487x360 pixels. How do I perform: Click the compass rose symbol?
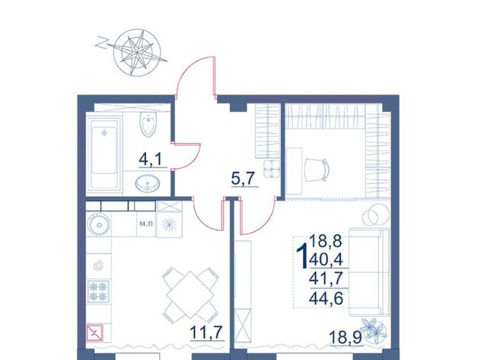coord(137,53)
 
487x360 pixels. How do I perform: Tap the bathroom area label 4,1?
coord(151,159)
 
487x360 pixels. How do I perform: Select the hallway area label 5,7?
coord(243,179)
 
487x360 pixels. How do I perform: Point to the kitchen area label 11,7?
coord(206,333)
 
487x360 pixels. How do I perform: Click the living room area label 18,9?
coord(345,337)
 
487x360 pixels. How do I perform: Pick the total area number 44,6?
coord(326,298)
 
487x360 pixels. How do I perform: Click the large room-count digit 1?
coord(302,256)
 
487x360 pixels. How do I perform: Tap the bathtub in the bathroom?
coord(104,153)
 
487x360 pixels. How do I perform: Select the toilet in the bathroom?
coord(148,124)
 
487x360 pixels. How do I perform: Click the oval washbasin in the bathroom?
coord(148,183)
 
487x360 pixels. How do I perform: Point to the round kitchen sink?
coord(99,224)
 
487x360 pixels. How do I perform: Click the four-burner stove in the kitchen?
coord(99,291)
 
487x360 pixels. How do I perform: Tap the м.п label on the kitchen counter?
coord(146,224)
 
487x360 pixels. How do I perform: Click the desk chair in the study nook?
coord(317,170)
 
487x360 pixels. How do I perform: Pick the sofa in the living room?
coord(369,272)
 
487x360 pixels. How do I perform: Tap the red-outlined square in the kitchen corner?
coord(94,333)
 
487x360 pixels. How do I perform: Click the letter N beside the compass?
coord(101,43)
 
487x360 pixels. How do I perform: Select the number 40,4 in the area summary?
coord(326,259)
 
